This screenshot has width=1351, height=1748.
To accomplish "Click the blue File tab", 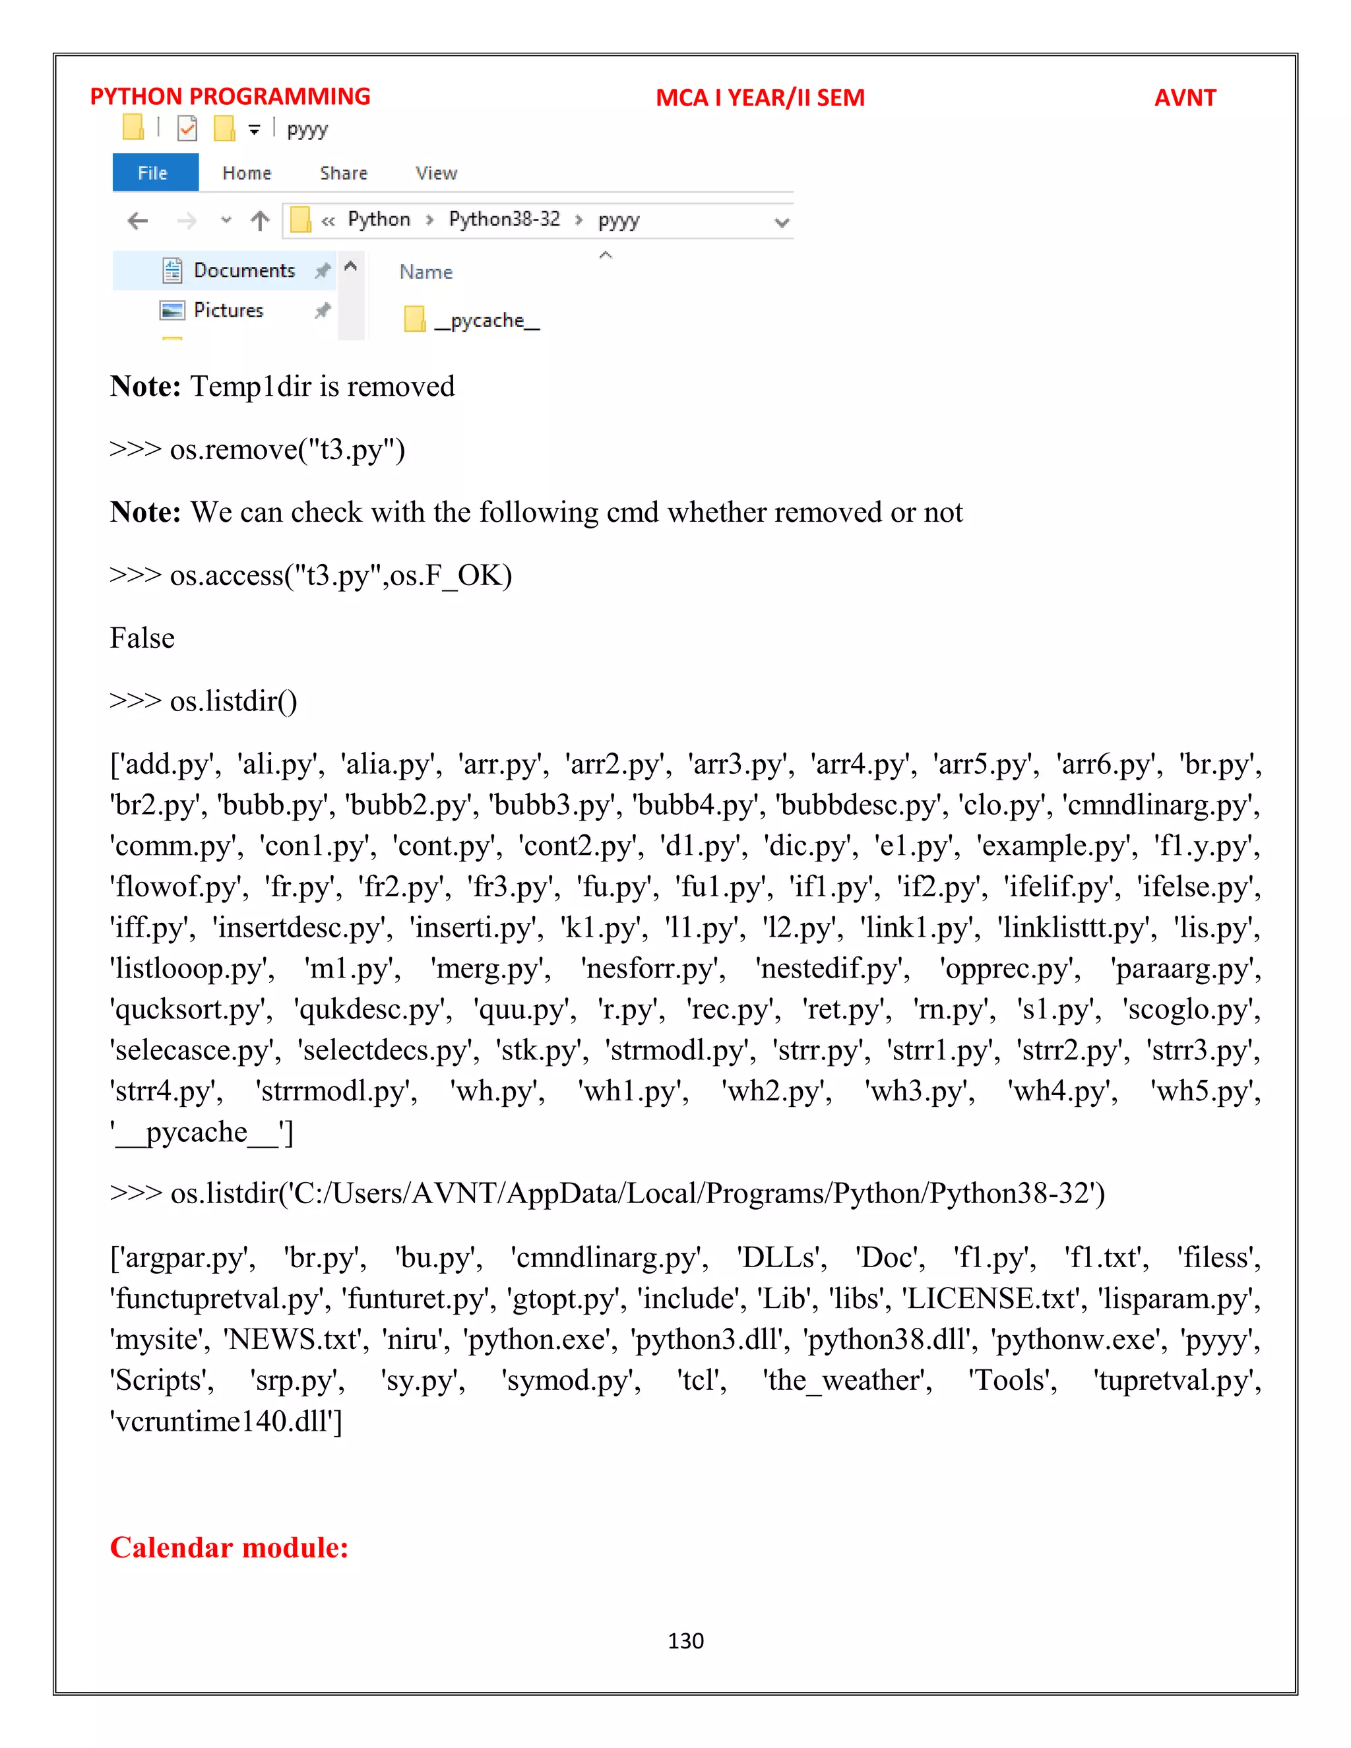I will click(x=154, y=173).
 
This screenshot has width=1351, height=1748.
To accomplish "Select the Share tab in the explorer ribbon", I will click(x=343, y=173).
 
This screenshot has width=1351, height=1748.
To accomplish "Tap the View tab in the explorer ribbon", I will click(x=436, y=173).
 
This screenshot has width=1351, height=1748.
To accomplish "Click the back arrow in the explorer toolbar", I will click(x=139, y=221).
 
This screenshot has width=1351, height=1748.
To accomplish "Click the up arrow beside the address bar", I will click(x=260, y=221).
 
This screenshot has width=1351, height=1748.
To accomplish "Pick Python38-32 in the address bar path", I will click(x=504, y=219).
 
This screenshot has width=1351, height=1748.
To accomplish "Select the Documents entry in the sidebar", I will click(x=244, y=270).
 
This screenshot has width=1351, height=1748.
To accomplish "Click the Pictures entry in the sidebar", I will click(x=228, y=311).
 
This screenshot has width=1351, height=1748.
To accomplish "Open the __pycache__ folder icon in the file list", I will click(x=414, y=319).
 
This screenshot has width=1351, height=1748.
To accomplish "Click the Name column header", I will click(x=425, y=272).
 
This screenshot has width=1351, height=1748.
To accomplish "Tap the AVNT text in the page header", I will click(x=1185, y=98).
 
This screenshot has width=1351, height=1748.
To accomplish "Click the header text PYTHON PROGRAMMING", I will click(x=230, y=97).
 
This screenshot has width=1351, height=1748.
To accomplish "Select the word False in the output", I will click(x=142, y=638).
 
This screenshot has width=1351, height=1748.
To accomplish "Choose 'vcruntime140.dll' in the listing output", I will click(x=224, y=1421).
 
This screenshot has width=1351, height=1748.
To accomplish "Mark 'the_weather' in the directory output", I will click(x=847, y=1380).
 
